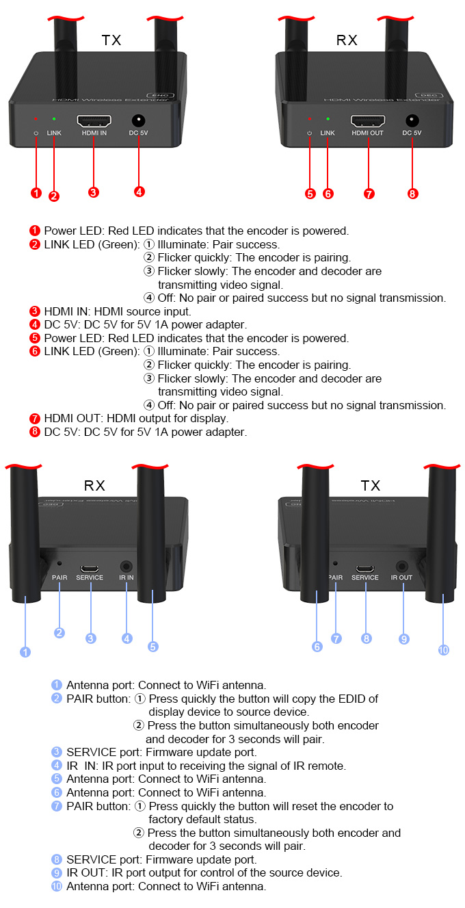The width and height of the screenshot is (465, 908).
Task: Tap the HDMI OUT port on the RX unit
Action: [x=367, y=120]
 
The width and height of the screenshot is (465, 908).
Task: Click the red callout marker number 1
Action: [x=36, y=193]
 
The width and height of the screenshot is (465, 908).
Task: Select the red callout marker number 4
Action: [x=139, y=192]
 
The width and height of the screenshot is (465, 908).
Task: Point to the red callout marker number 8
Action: [x=412, y=193]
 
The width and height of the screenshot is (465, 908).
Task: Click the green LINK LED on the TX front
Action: [x=54, y=119]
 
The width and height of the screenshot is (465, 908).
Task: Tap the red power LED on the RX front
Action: [x=310, y=119]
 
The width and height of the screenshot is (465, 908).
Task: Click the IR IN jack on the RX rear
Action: [x=127, y=567]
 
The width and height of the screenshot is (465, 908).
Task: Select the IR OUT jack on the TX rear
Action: [x=402, y=567]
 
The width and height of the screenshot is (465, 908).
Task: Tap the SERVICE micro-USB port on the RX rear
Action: [x=90, y=568]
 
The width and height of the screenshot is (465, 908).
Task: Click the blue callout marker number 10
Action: [x=444, y=650]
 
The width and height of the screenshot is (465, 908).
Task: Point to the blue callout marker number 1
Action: [x=25, y=652]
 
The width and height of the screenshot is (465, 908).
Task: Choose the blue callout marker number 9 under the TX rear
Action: [x=404, y=638]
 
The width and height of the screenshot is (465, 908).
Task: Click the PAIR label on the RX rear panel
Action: [x=59, y=578]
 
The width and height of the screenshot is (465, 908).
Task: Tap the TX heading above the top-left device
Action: [x=111, y=40]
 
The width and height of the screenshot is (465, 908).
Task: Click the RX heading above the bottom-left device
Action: [x=94, y=486]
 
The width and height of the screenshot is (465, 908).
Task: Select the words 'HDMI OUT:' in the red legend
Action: [x=70, y=418]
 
